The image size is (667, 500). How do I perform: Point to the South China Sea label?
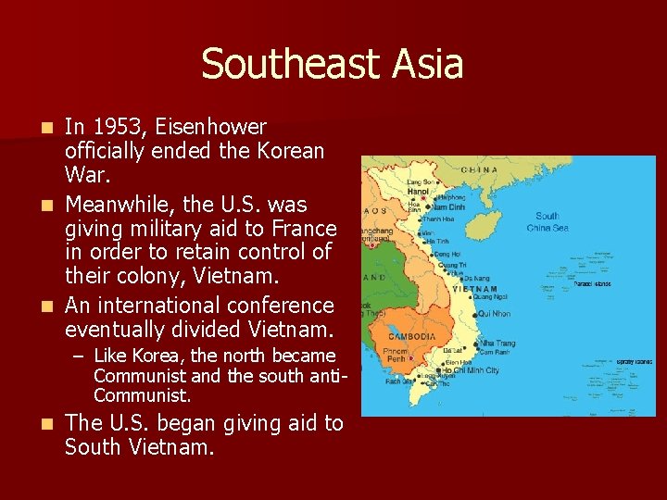547,221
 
